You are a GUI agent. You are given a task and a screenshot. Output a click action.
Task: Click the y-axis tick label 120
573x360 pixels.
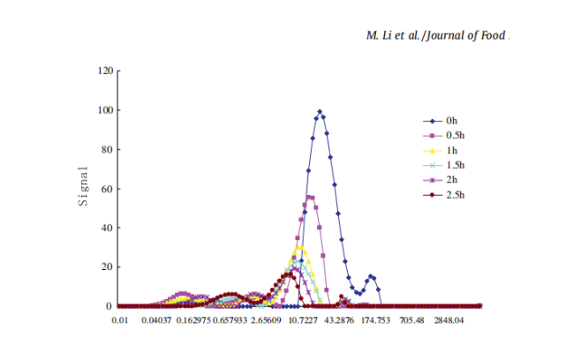click(106, 71)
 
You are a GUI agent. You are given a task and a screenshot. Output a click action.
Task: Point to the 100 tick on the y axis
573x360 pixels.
click(106, 110)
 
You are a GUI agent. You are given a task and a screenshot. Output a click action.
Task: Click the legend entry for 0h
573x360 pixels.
click(451, 120)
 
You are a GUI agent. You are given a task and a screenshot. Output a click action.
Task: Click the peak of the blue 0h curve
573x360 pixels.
click(320, 111)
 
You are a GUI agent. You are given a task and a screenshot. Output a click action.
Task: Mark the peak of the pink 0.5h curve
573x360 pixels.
click(310, 197)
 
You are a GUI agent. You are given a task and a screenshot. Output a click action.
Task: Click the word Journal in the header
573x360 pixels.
click(446, 36)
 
